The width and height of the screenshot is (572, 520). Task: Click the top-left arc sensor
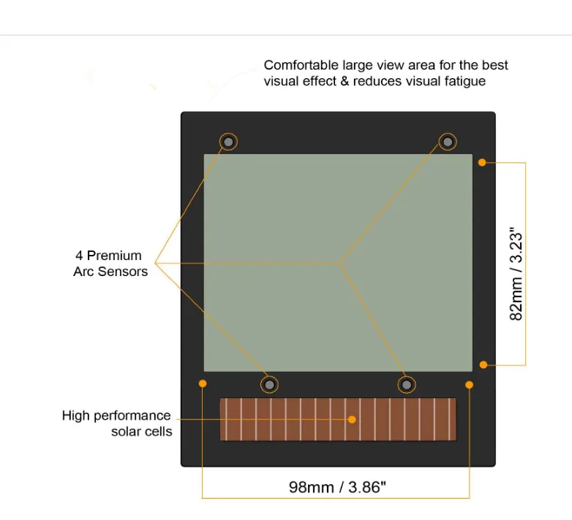[x=229, y=141]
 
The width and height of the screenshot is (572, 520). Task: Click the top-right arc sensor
[x=448, y=141]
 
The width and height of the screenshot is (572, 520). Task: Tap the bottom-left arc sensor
[x=270, y=384]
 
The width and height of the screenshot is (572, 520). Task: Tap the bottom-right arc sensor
[x=407, y=384]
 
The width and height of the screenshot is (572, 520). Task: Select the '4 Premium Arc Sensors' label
[x=110, y=264]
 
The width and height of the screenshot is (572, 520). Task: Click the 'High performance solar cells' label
[x=117, y=424]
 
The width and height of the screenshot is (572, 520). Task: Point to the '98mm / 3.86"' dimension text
[x=336, y=486]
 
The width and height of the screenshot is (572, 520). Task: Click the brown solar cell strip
[x=293, y=420]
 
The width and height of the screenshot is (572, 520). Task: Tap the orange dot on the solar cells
[x=352, y=419]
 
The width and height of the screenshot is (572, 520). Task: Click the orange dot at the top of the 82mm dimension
[x=482, y=162]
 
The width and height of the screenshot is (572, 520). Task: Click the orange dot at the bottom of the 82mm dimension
[x=483, y=364]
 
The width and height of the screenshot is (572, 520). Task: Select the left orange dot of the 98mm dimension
[x=203, y=383]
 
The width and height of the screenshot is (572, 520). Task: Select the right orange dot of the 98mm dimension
[x=469, y=384]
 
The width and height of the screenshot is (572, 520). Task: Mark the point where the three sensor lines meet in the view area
[x=340, y=263]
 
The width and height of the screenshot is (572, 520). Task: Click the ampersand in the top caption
[x=344, y=81]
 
